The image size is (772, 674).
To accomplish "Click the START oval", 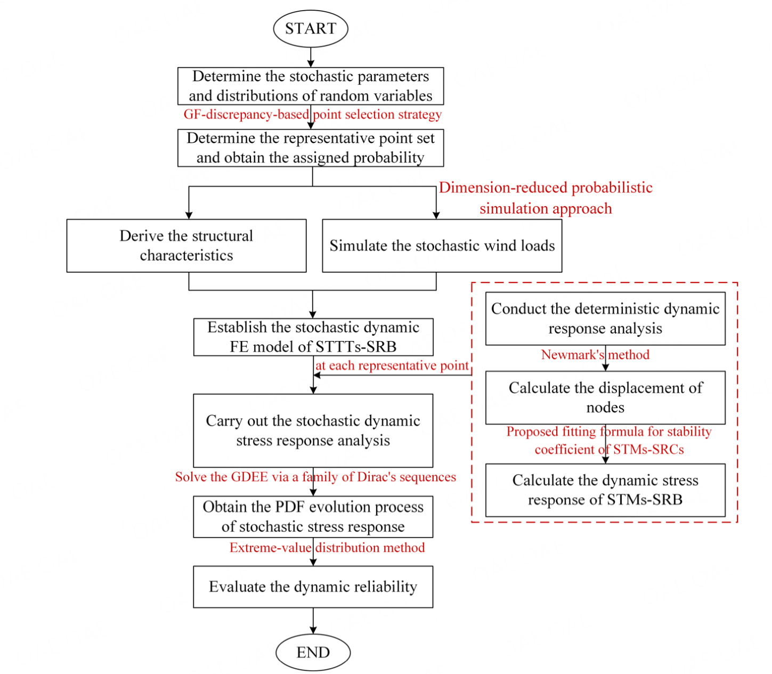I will [x=311, y=28].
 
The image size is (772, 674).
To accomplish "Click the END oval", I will [x=313, y=652].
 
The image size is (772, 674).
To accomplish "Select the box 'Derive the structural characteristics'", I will [x=186, y=246].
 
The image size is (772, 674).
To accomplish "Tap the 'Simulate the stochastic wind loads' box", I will [x=442, y=246].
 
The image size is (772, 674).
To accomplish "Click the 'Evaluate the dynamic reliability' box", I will [x=313, y=587].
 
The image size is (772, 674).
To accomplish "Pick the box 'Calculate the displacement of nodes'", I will [x=605, y=397].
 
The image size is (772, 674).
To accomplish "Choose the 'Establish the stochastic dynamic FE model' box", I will [x=313, y=337].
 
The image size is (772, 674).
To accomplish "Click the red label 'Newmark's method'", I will [x=595, y=355].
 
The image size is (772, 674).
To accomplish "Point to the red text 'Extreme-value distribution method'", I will [x=327, y=548].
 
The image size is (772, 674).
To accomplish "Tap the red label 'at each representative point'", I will [x=392, y=366].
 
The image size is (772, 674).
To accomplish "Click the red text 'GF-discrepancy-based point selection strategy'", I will [x=313, y=115].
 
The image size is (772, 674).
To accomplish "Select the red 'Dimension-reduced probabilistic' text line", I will [x=546, y=188].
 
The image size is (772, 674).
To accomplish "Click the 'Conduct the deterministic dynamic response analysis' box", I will [x=605, y=319].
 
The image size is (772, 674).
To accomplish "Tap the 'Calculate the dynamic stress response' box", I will [x=605, y=490].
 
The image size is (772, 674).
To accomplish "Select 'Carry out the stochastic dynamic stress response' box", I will [x=313, y=431].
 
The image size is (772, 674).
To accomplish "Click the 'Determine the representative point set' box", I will [x=311, y=148].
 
